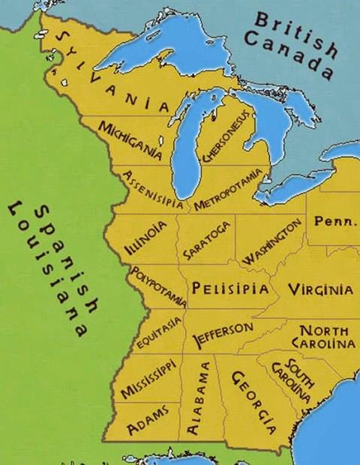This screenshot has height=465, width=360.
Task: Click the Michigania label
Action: pyautogui.click(x=130, y=139)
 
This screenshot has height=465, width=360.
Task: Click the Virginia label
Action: pyautogui.click(x=320, y=289)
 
